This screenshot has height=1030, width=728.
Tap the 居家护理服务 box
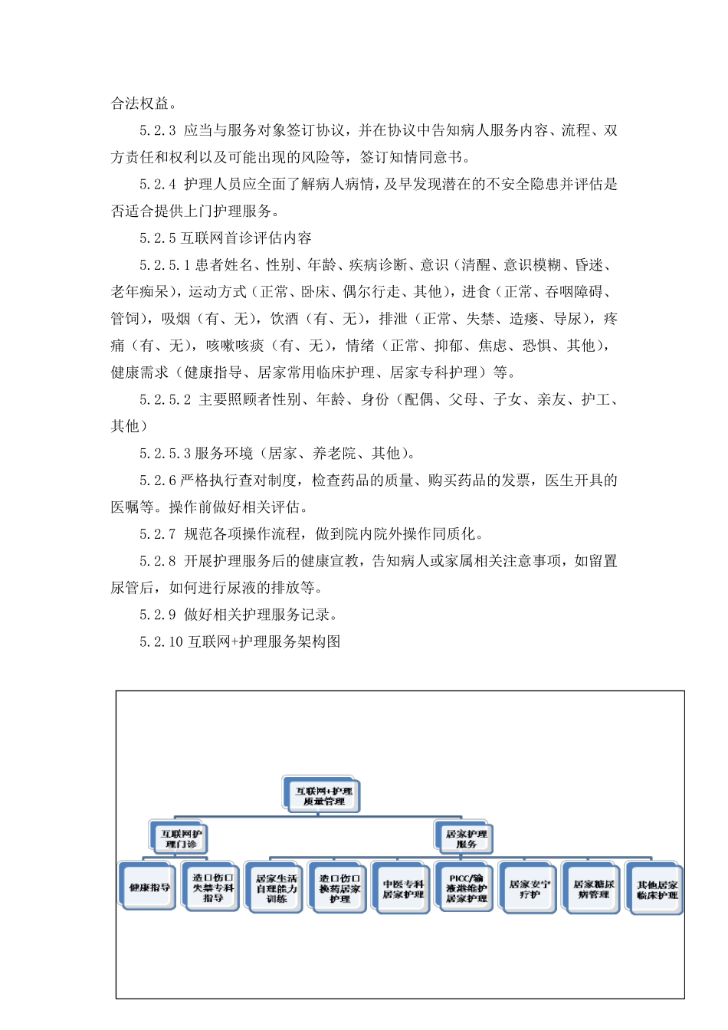(x=466, y=838)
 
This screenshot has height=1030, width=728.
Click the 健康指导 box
(x=149, y=887)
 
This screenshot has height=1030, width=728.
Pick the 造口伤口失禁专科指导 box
(x=212, y=887)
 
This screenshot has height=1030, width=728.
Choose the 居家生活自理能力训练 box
(x=276, y=888)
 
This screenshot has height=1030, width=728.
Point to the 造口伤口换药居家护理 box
(x=339, y=888)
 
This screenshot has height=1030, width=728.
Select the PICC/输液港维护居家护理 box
(x=466, y=888)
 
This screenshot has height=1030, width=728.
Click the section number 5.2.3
(x=158, y=131)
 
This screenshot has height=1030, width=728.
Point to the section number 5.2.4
(x=158, y=185)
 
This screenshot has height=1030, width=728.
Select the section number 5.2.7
(x=158, y=534)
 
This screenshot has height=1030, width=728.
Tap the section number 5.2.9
(x=158, y=615)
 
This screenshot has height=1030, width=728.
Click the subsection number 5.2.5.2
(x=166, y=400)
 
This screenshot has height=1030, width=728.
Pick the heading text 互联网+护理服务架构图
(x=264, y=641)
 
